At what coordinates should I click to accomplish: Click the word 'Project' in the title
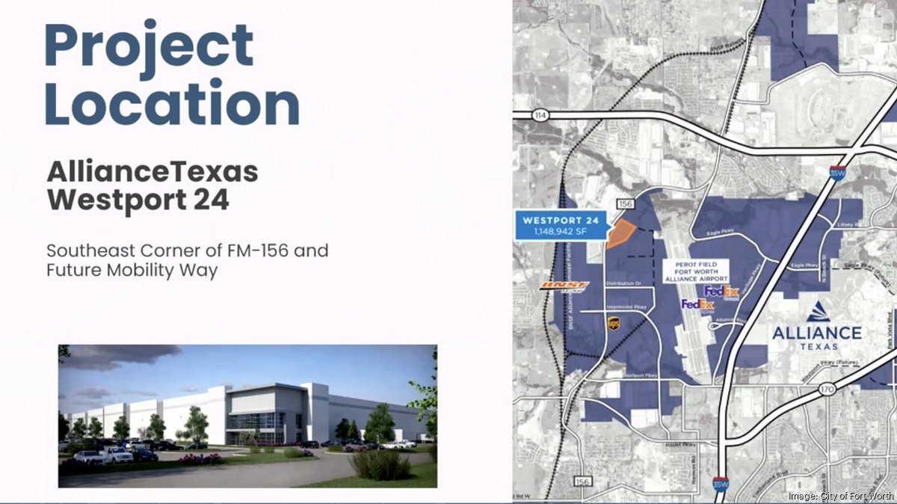click(149, 46)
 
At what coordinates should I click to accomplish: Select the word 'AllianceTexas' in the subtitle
click(152, 173)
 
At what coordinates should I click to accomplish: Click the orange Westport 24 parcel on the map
click(619, 234)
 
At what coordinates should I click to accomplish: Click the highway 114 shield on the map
click(541, 115)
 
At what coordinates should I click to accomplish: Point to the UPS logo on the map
click(613, 323)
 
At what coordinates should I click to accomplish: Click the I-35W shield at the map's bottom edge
click(719, 485)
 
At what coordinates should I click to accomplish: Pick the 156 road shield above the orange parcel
click(625, 203)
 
